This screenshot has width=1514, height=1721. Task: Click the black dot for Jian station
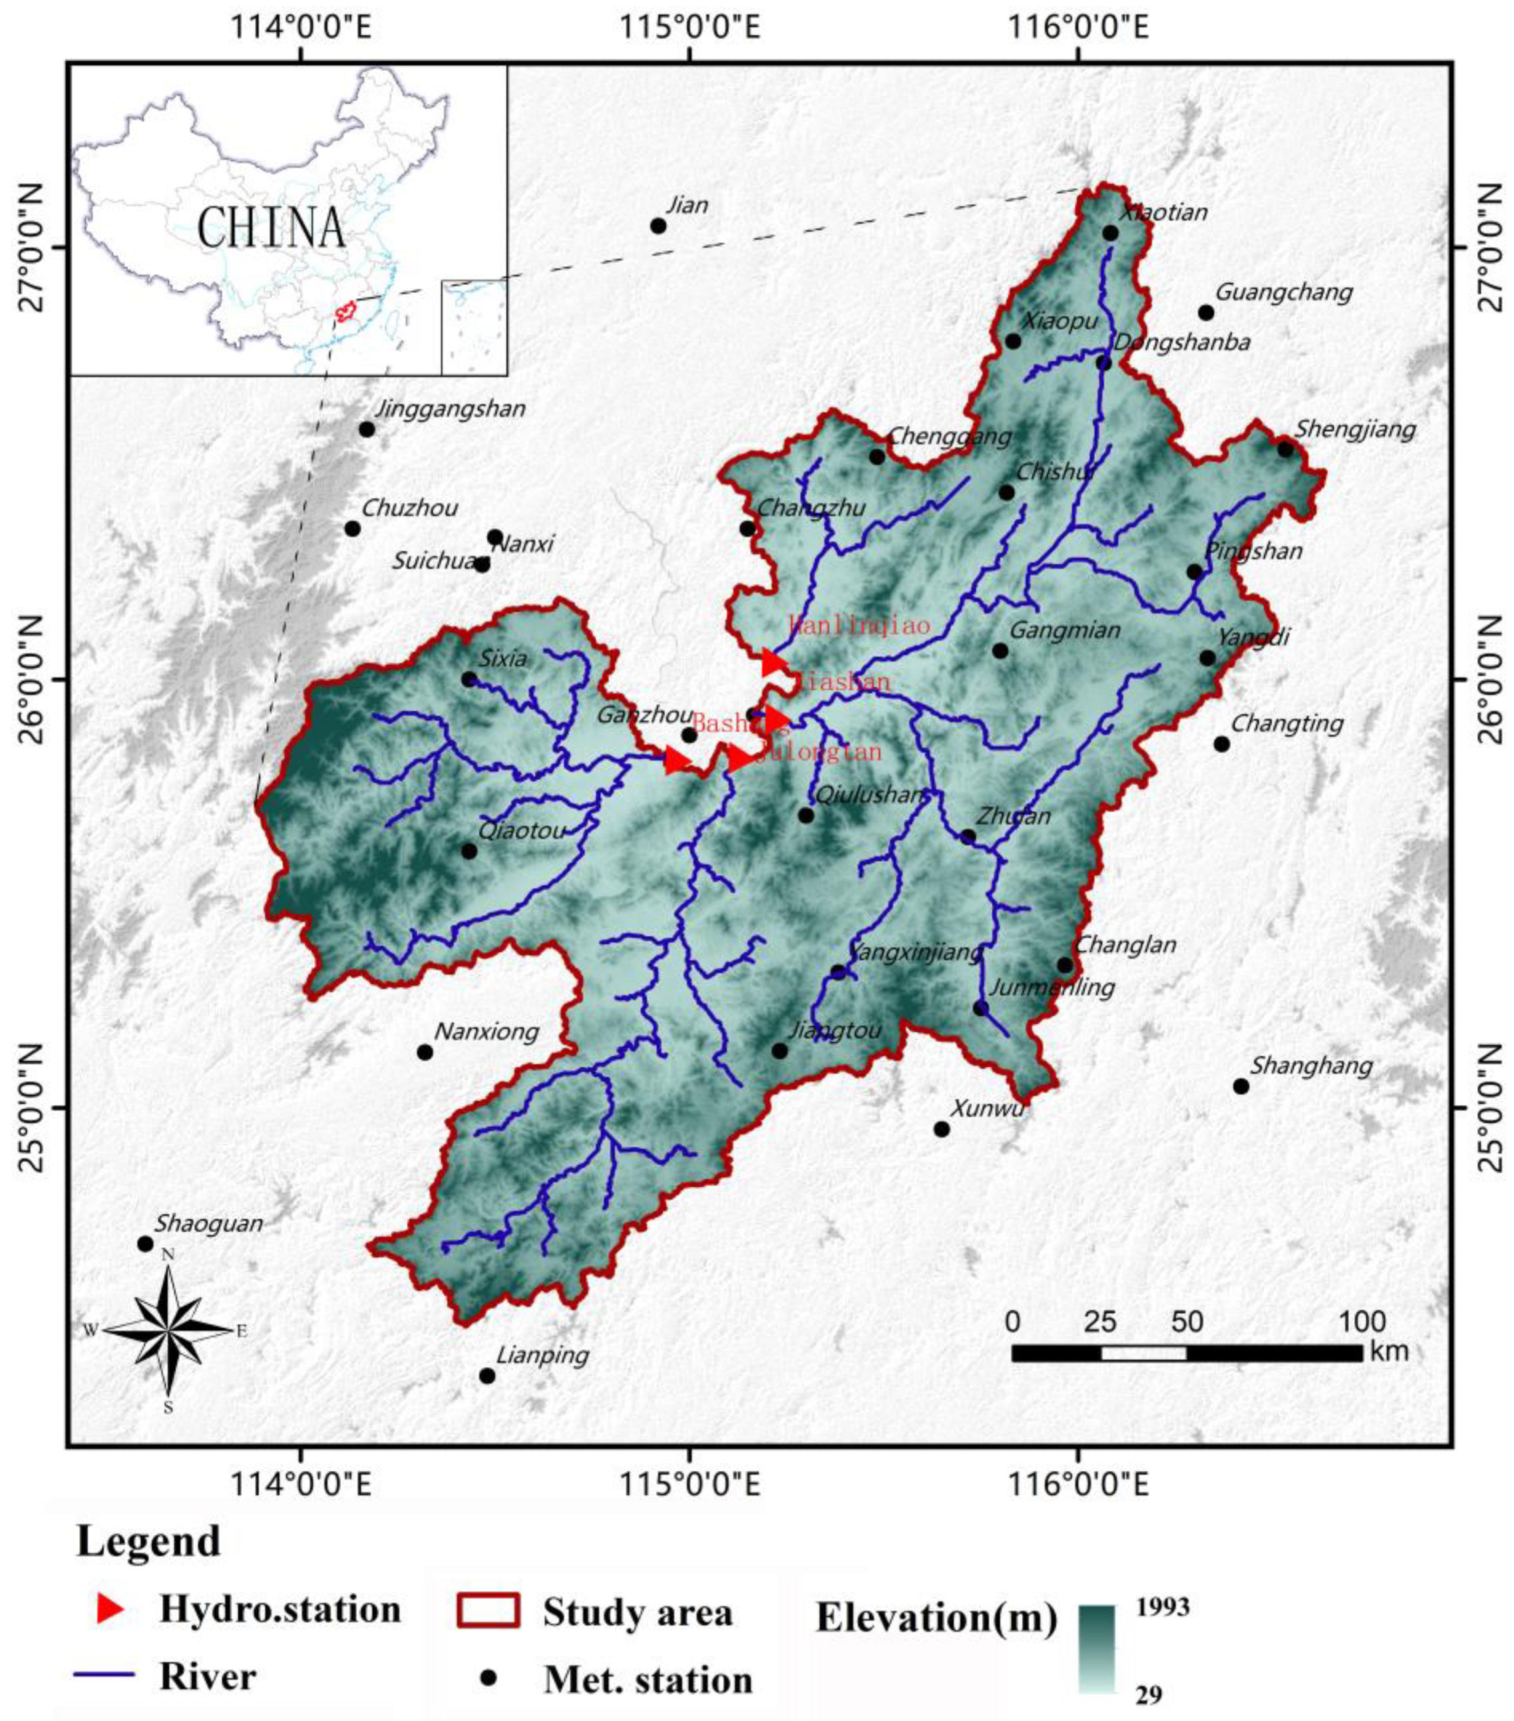pyautogui.click(x=658, y=226)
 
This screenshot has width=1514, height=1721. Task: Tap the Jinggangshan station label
pyautogui.click(x=450, y=409)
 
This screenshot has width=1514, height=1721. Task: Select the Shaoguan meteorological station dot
pyautogui.click(x=145, y=1244)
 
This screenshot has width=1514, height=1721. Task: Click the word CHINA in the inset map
pyautogui.click(x=271, y=228)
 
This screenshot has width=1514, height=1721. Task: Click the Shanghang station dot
pyautogui.click(x=1240, y=1086)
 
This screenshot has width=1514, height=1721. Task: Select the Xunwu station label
pyautogui.click(x=987, y=1108)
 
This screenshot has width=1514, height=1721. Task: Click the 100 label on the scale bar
pyautogui.click(x=1362, y=1320)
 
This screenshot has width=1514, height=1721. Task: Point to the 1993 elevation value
pyautogui.click(x=1163, y=1607)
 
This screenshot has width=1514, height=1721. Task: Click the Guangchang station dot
pyautogui.click(x=1206, y=312)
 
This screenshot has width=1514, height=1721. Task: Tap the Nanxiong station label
pyautogui.click(x=486, y=1032)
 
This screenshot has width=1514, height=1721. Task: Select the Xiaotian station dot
pyautogui.click(x=1110, y=233)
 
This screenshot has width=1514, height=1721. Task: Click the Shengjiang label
pyautogui.click(x=1355, y=429)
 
